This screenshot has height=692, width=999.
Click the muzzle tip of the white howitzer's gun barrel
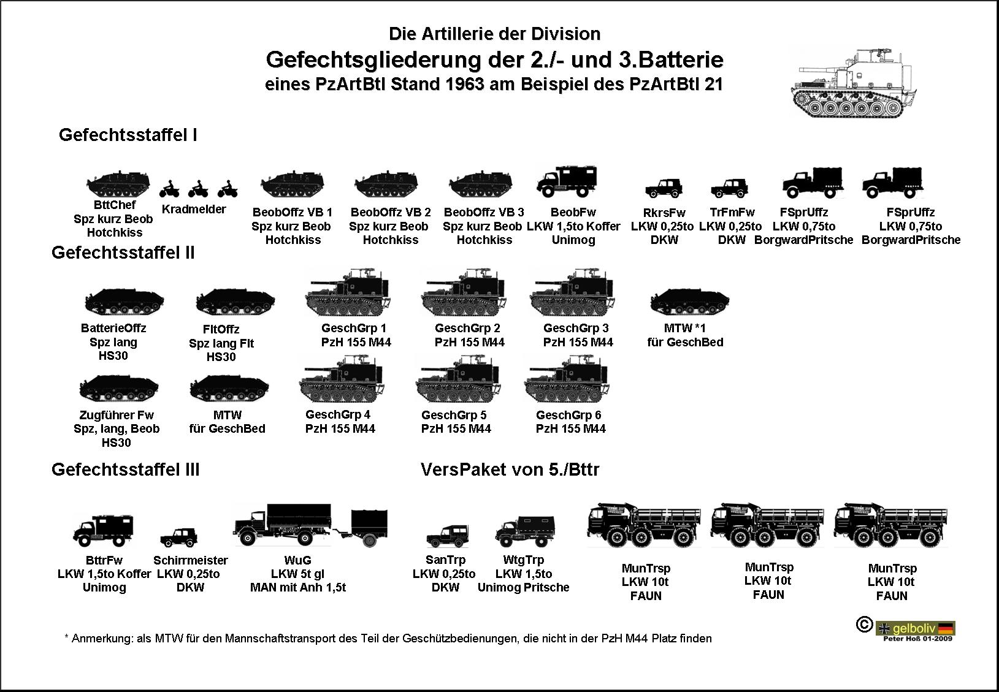click(800, 70)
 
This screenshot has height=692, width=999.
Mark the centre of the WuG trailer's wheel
click(370, 541)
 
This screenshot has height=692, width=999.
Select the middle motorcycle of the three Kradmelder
click(198, 189)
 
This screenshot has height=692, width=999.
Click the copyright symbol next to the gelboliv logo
click(864, 624)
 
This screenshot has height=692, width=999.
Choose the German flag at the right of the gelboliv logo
click(946, 628)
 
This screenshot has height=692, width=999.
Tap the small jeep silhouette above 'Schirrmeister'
click(179, 538)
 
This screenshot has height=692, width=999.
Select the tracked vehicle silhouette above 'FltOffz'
click(235, 302)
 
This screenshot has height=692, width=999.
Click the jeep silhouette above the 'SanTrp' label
click(448, 536)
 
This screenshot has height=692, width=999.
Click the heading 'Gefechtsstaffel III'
click(125, 470)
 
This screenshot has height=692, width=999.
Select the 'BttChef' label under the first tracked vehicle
click(115, 205)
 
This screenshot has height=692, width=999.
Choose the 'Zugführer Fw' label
click(117, 415)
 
